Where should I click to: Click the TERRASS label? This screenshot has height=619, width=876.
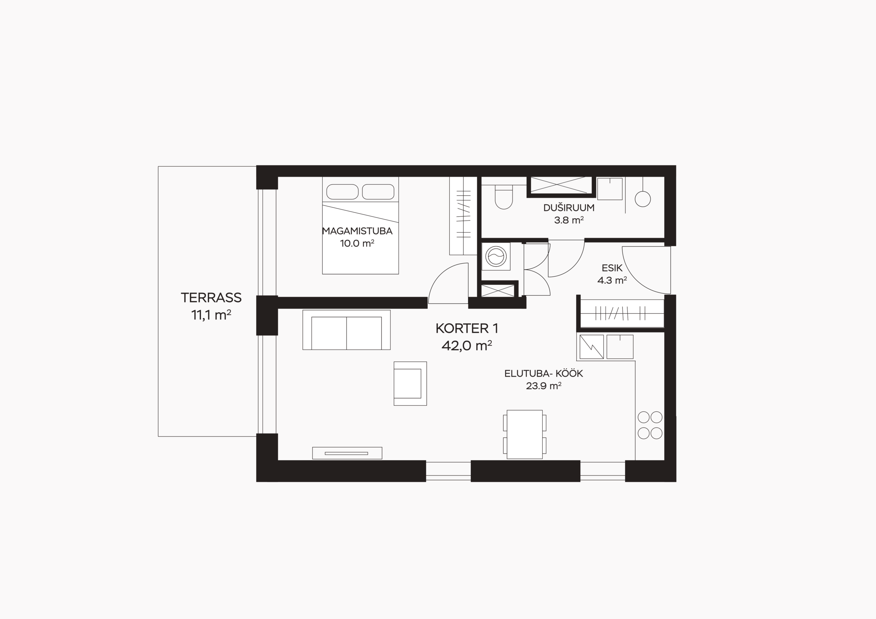pyautogui.click(x=211, y=298)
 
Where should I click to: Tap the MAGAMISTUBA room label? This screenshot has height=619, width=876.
pyautogui.click(x=357, y=231)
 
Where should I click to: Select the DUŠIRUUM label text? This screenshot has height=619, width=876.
pyautogui.click(x=569, y=208)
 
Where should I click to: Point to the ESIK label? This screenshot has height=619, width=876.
pyautogui.click(x=612, y=268)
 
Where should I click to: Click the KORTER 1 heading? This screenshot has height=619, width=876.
pyautogui.click(x=467, y=328)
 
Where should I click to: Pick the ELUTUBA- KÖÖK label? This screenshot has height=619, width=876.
pyautogui.click(x=544, y=374)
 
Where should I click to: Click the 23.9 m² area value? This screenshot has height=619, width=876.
pyautogui.click(x=544, y=386)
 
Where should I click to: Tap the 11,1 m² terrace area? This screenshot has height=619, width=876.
pyautogui.click(x=211, y=315)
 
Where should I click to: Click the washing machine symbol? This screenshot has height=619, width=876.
pyautogui.click(x=495, y=256)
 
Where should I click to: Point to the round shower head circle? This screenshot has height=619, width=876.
pyautogui.click(x=643, y=199)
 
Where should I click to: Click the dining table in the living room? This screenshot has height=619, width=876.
pyautogui.click(x=525, y=434)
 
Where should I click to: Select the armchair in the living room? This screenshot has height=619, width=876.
pyautogui.click(x=410, y=383)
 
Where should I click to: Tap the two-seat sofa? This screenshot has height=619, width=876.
pyautogui.click(x=346, y=330)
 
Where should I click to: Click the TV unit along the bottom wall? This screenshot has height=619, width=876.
pyautogui.click(x=347, y=453)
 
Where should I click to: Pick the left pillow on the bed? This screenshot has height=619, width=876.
pyautogui.click(x=342, y=192)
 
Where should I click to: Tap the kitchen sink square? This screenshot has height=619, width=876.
pyautogui.click(x=620, y=347)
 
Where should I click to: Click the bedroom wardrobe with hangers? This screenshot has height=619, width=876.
pyautogui.click(x=463, y=216)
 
